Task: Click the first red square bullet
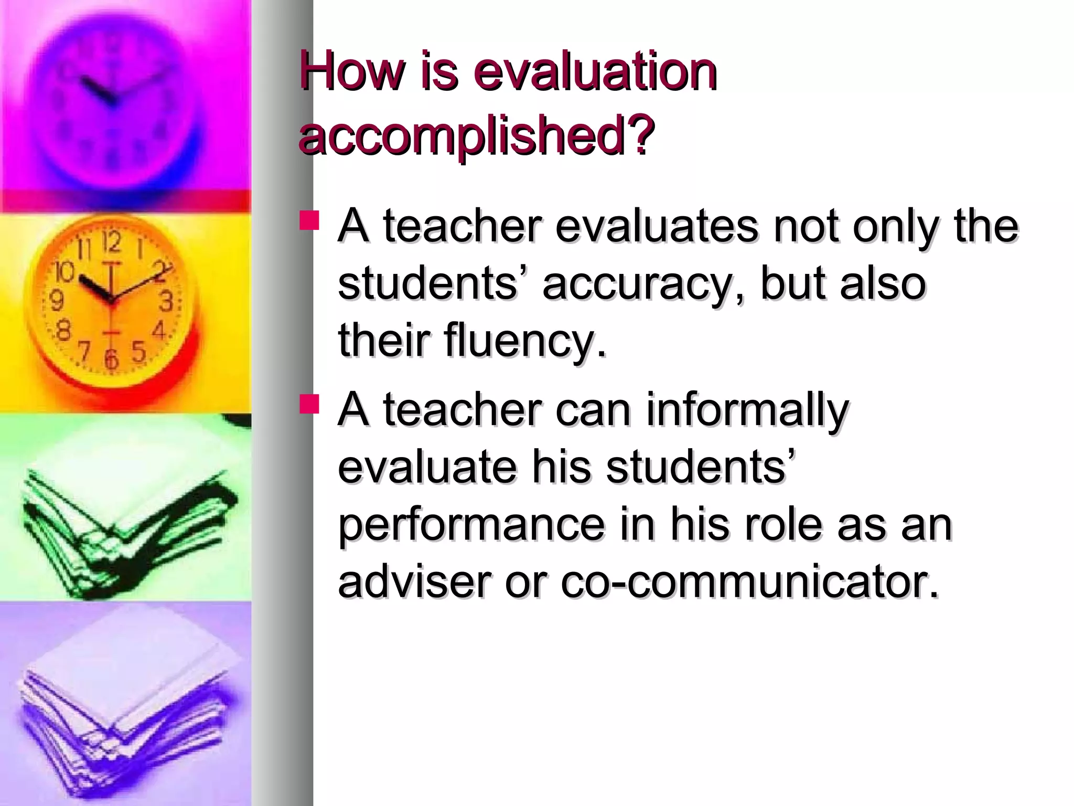point(309,220)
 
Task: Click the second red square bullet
point(309,404)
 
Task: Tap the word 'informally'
point(747,410)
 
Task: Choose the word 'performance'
point(471,526)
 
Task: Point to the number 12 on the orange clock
point(111,242)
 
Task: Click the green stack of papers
point(126,519)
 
